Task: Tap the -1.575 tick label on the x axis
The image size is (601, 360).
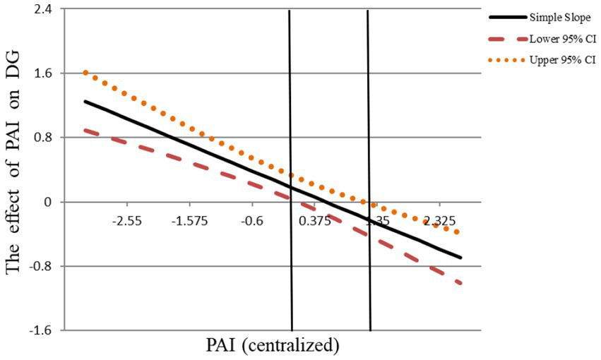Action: click(189, 221)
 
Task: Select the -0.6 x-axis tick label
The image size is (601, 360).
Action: click(252, 221)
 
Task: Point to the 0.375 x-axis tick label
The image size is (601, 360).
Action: click(315, 221)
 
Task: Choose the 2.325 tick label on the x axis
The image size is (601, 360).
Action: click(439, 221)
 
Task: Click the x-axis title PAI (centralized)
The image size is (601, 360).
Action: click(273, 346)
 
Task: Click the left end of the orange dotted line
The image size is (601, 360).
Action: click(85, 72)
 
